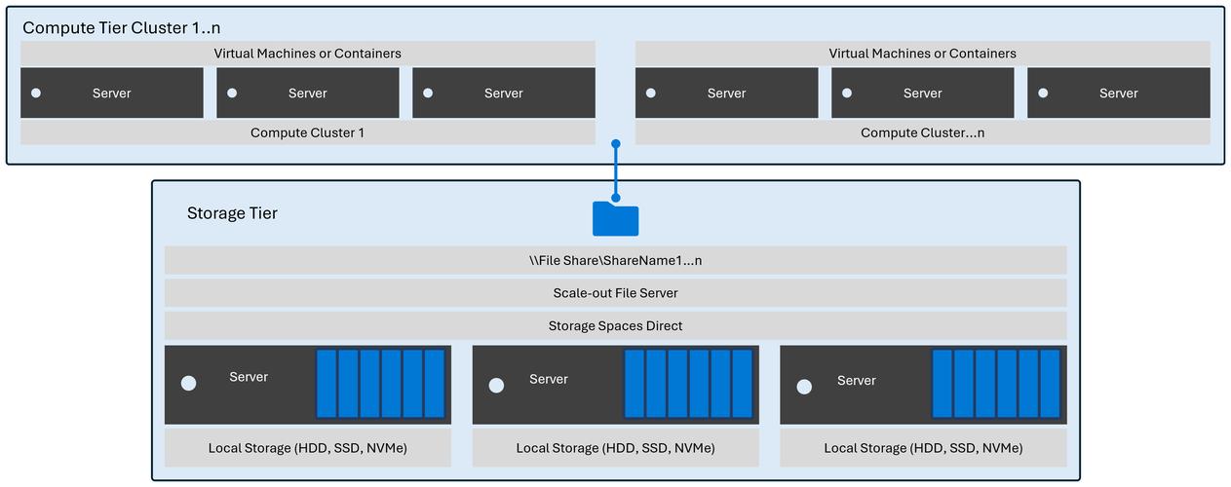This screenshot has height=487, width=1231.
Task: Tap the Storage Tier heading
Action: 232,213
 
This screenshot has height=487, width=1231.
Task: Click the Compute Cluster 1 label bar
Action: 307,132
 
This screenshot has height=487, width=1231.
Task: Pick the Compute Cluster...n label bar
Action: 922,132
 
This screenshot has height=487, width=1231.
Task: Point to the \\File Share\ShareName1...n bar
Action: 615,260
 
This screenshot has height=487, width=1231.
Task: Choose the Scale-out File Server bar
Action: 615,293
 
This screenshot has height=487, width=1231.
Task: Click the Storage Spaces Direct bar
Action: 615,326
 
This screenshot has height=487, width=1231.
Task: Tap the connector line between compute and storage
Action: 616,175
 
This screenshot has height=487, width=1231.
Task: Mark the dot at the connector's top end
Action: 616,145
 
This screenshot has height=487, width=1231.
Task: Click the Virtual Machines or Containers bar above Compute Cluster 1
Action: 307,54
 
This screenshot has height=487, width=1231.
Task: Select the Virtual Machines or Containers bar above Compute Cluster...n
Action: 922,54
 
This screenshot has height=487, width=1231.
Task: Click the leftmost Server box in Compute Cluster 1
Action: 111,94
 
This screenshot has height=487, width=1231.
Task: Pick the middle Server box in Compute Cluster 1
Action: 307,94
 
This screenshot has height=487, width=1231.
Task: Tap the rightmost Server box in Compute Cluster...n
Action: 1118,94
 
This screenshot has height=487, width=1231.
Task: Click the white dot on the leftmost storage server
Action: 188,384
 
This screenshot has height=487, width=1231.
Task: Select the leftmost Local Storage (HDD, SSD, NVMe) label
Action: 307,448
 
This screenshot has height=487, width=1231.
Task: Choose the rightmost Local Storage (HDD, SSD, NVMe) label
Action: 923,448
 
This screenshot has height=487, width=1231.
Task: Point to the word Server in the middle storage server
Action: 549,379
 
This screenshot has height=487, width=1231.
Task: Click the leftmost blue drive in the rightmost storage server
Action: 942,384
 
